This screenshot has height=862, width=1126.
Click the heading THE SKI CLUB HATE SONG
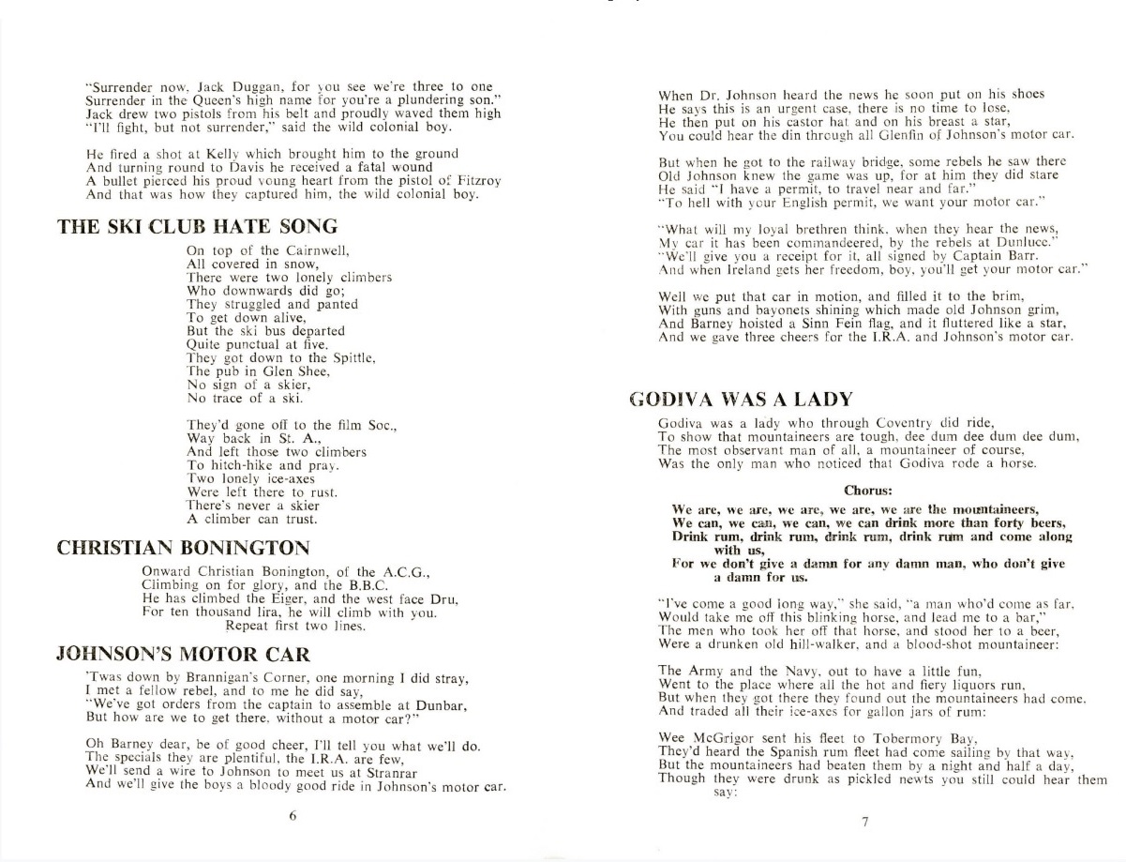(198, 226)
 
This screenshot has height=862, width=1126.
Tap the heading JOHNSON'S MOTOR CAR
(185, 654)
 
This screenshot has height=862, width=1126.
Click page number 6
(293, 815)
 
